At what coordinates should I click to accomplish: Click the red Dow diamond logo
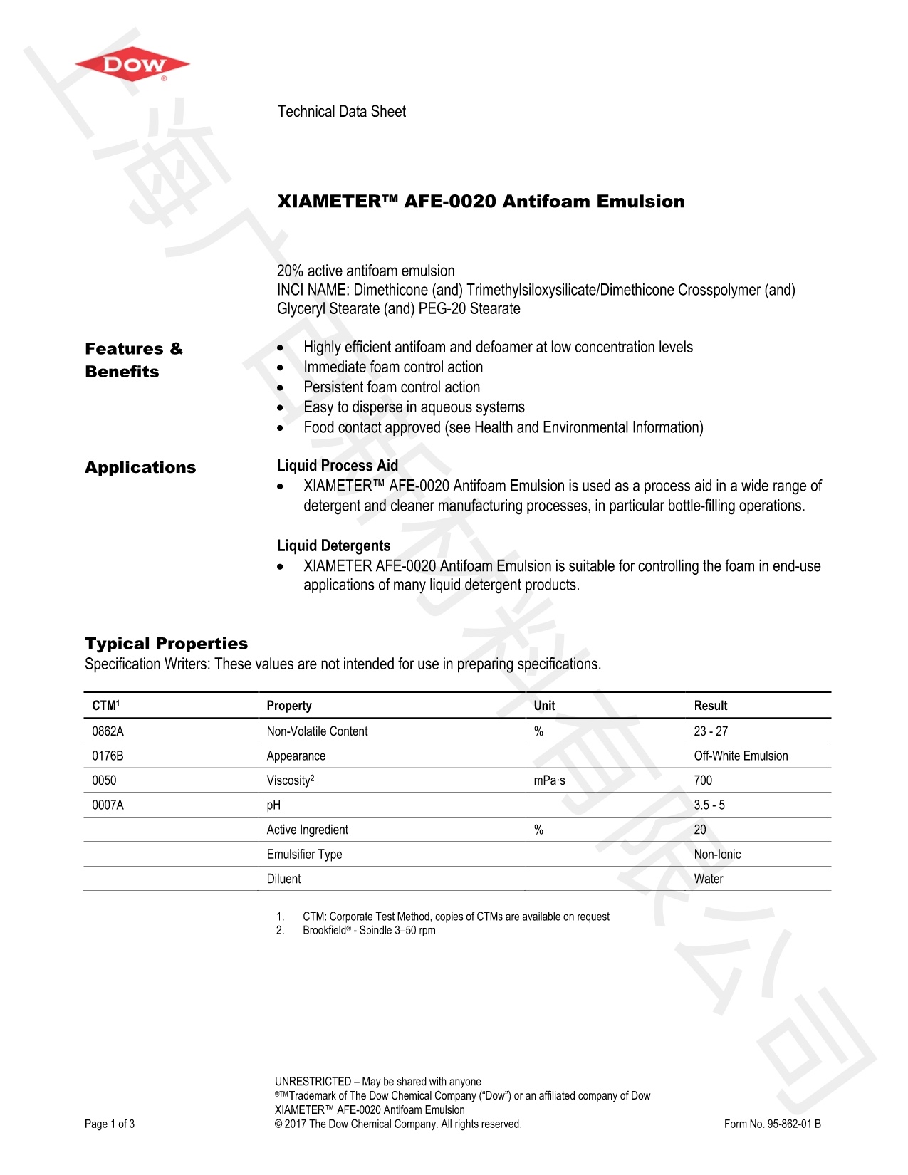[x=132, y=66]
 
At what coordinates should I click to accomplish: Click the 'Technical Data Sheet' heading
[x=341, y=112]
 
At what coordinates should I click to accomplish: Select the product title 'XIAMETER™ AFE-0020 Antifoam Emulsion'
[x=481, y=202]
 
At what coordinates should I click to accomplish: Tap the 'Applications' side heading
[x=140, y=468]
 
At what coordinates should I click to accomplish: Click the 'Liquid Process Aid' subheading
[x=337, y=466]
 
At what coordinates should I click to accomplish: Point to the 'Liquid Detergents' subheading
[x=333, y=546]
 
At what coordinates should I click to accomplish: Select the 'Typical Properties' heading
[x=166, y=644]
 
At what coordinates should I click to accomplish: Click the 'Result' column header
[x=710, y=706]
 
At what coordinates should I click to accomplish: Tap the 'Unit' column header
[x=544, y=706]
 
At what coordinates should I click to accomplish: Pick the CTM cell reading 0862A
[x=108, y=731]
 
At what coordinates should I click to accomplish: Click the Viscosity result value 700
[x=703, y=780]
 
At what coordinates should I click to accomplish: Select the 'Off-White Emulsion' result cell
[x=741, y=756]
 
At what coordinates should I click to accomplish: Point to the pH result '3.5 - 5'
[x=709, y=805]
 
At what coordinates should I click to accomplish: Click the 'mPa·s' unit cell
[x=549, y=780]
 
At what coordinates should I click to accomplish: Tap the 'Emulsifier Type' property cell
[x=304, y=855]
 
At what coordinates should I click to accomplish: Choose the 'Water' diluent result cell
[x=708, y=879]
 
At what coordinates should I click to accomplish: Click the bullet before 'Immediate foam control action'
[x=281, y=368]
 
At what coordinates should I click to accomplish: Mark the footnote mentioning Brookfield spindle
[x=368, y=931]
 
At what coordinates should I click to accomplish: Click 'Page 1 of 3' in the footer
[x=110, y=1124]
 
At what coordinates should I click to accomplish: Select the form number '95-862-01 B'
[x=773, y=1124]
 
